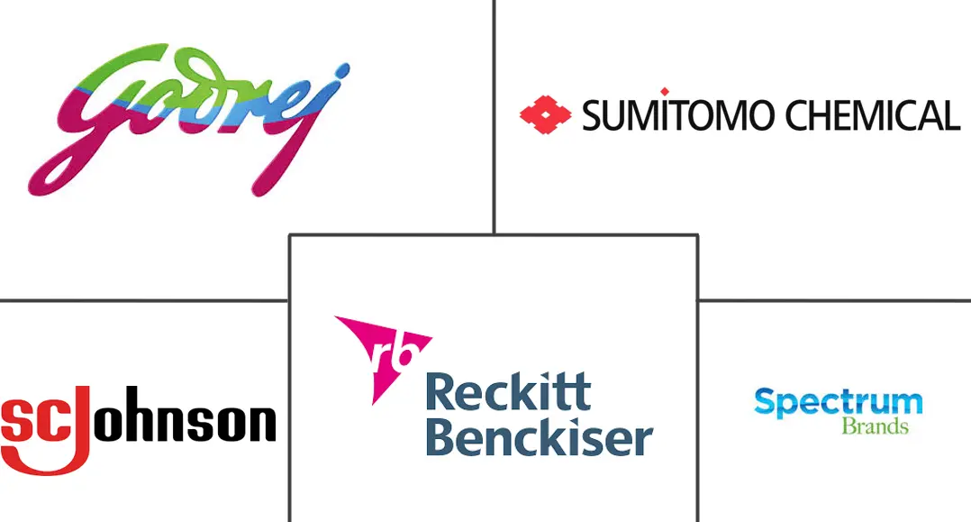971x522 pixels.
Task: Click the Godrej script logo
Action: pyautogui.click(x=189, y=120)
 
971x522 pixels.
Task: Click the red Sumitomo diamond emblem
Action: pyautogui.click(x=545, y=114)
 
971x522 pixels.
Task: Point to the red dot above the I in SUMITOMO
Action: pyautogui.click(x=665, y=92)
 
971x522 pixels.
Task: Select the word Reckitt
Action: pyautogui.click(x=508, y=392)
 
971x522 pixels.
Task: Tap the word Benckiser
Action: pyautogui.click(x=540, y=437)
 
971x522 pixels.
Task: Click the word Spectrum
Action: pyautogui.click(x=839, y=404)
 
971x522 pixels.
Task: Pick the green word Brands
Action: pyautogui.click(x=875, y=426)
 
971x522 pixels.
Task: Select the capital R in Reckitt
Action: pyautogui.click(x=440, y=392)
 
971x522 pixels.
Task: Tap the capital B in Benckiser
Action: pyautogui.click(x=440, y=437)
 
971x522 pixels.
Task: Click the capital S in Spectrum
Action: pyautogui.click(x=766, y=402)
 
